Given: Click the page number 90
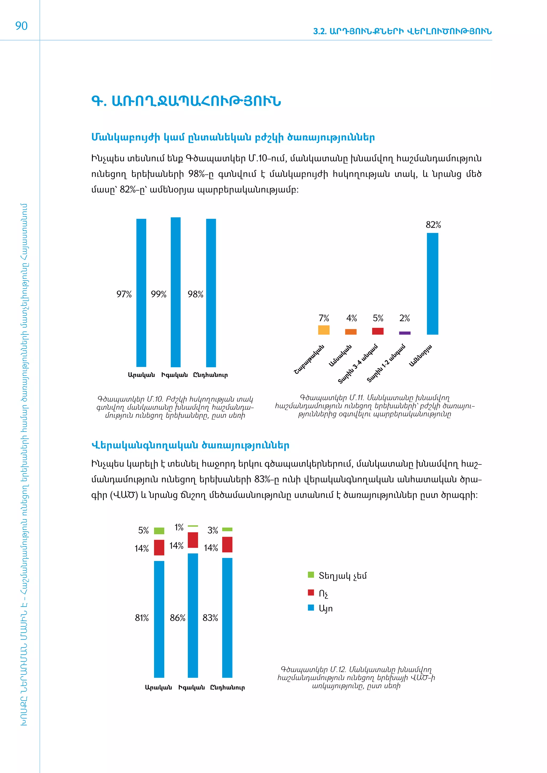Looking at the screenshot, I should pyautogui.click(x=21, y=26).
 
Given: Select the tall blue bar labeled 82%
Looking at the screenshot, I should pyautogui.click(x=432, y=283).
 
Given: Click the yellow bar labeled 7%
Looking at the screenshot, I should pyautogui.click(x=324, y=330).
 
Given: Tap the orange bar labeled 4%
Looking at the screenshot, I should pyautogui.click(x=351, y=332).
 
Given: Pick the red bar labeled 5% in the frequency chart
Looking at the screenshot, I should pyautogui.click(x=378, y=331).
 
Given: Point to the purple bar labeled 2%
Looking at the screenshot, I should pyautogui.click(x=405, y=333).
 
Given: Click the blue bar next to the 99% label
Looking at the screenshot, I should pyautogui.click(x=175, y=292).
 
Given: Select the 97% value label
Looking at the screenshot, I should pyautogui.click(x=124, y=294).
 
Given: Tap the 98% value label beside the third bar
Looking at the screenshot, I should pyautogui.click(x=195, y=294).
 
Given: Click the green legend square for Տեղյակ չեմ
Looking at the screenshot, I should pyautogui.click(x=311, y=575).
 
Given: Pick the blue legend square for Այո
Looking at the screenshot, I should pyautogui.click(x=311, y=608).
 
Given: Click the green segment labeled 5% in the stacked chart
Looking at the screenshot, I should pyautogui.click(x=159, y=531).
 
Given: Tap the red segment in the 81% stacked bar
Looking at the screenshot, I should pyautogui.click(x=159, y=547).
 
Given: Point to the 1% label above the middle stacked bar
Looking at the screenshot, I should pyautogui.click(x=179, y=527).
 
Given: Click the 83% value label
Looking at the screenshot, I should pyautogui.click(x=210, y=618).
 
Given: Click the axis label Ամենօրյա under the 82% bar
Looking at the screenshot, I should pyautogui.click(x=420, y=356).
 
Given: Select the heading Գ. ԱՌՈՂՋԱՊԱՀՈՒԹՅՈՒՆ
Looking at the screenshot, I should pyautogui.click(x=186, y=101).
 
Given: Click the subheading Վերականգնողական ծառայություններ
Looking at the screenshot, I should pyautogui.click(x=190, y=445).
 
